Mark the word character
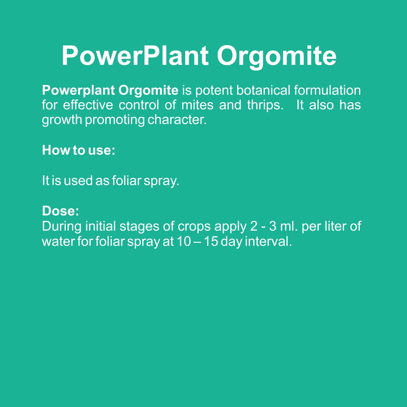pyautogui.click(x=177, y=120)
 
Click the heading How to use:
pyautogui.click(x=79, y=150)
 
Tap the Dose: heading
pyautogui.click(x=61, y=211)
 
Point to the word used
pyautogui.click(x=78, y=180)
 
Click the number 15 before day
pyautogui.click(x=211, y=241)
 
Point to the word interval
pyautogui.click(x=268, y=241)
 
